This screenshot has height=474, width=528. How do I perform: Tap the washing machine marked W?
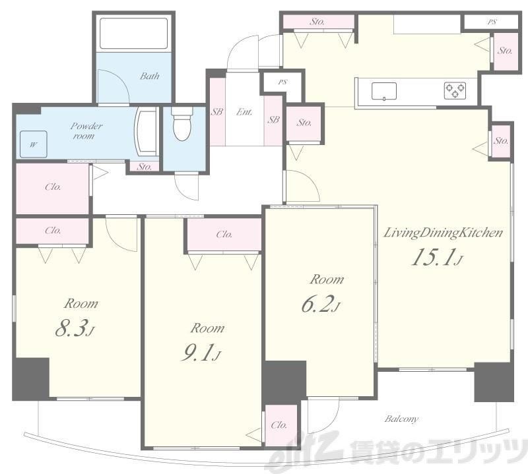coord(34,144)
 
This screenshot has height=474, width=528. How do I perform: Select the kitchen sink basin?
coord(384,91)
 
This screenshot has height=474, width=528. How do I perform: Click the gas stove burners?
coord(455,90)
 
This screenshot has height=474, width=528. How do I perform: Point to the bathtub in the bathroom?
coord(134,34)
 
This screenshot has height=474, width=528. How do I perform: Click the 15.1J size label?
coord(437,257)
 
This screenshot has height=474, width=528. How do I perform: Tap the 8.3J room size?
coord(75,328)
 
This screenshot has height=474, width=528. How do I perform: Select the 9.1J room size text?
coord(201,353)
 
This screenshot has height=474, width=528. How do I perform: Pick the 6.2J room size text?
coord(321,304)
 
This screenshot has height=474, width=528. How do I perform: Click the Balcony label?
coord(401,419)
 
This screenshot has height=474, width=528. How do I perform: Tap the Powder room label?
coord(86,131)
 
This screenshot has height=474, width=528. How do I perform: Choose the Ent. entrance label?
coord(244,111)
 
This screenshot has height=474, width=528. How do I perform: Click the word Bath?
coord(150,76)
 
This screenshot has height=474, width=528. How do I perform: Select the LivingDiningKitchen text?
coord(443,233)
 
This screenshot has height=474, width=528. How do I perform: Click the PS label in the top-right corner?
coord(492,22)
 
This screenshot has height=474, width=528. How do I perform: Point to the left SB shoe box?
coord(217,111)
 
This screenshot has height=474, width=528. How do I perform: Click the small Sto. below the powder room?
coord(145,166)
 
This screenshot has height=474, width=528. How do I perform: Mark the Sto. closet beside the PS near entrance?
coord(304,123)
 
